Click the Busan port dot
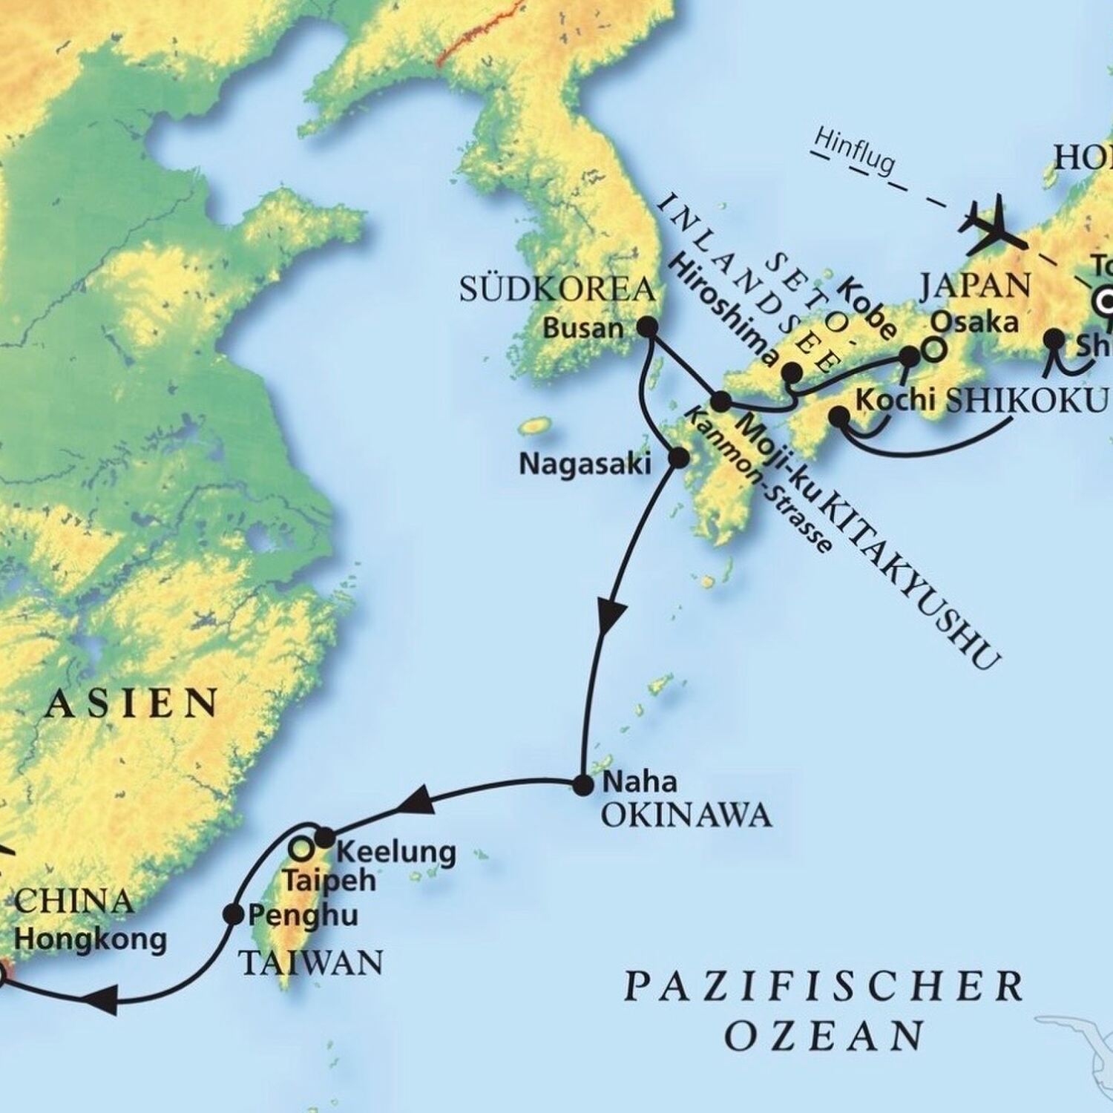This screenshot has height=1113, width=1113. click(x=649, y=326)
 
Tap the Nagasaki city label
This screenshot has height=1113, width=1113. click(x=585, y=464)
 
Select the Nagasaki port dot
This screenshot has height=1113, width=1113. click(x=677, y=458)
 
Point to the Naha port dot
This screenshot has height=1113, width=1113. click(x=583, y=784)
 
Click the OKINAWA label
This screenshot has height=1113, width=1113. click(x=686, y=816)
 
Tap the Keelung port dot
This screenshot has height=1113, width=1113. click(x=325, y=838)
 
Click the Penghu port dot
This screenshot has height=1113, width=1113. click(x=233, y=914)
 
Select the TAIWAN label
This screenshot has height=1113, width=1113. click(x=311, y=963)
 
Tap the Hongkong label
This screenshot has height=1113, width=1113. click(x=91, y=939)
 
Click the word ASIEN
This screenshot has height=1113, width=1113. click(x=131, y=703)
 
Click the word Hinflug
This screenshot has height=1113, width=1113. click(x=854, y=154)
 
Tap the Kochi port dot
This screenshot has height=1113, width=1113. click(x=839, y=416)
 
